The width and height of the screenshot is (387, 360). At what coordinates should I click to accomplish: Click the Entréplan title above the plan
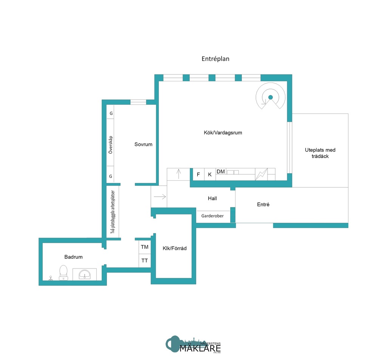point(215,59)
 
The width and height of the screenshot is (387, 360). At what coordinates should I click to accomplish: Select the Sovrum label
point(143,144)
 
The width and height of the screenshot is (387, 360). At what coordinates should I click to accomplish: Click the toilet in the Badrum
point(63,272)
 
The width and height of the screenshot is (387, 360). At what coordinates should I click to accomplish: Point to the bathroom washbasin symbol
point(84,274)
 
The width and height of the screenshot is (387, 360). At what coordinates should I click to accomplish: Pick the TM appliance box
point(145,247)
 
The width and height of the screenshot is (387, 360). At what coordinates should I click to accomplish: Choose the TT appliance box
point(145,261)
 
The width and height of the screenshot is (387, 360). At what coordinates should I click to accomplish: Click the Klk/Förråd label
point(175,248)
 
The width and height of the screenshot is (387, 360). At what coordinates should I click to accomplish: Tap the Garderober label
point(212,216)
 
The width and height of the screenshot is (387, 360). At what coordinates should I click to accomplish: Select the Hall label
point(212,198)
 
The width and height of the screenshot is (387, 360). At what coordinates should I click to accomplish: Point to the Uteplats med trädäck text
point(320,153)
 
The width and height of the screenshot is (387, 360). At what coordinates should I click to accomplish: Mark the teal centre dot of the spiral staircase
point(271,98)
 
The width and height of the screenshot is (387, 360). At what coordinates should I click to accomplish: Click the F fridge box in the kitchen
point(198,174)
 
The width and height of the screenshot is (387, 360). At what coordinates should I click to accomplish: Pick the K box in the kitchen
point(210,174)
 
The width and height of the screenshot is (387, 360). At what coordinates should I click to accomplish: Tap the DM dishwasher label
point(221,172)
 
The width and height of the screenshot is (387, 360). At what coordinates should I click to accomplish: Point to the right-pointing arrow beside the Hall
point(160,197)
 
